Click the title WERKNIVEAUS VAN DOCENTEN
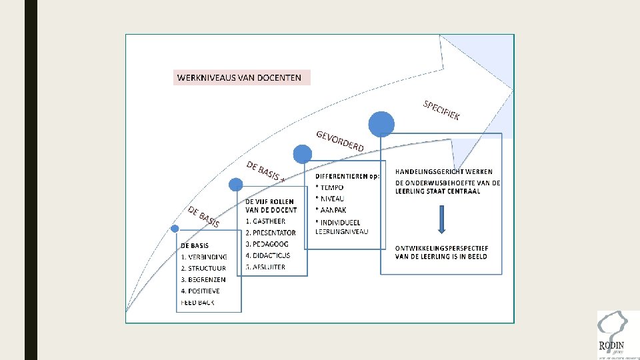(x=239, y=77)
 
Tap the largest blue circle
(x=382, y=124)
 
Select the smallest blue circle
(x=175, y=229)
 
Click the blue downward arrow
(x=441, y=219)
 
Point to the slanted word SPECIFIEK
(x=441, y=111)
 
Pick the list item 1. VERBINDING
(x=203, y=257)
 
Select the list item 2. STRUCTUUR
(x=203, y=268)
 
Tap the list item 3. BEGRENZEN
(x=203, y=279)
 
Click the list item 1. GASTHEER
(x=265, y=221)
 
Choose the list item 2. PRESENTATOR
(x=270, y=233)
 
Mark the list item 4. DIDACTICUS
(x=268, y=255)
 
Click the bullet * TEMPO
(x=329, y=187)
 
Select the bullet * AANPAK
(x=331, y=210)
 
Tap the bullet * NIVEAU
(x=329, y=199)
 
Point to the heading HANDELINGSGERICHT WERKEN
(x=443, y=172)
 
